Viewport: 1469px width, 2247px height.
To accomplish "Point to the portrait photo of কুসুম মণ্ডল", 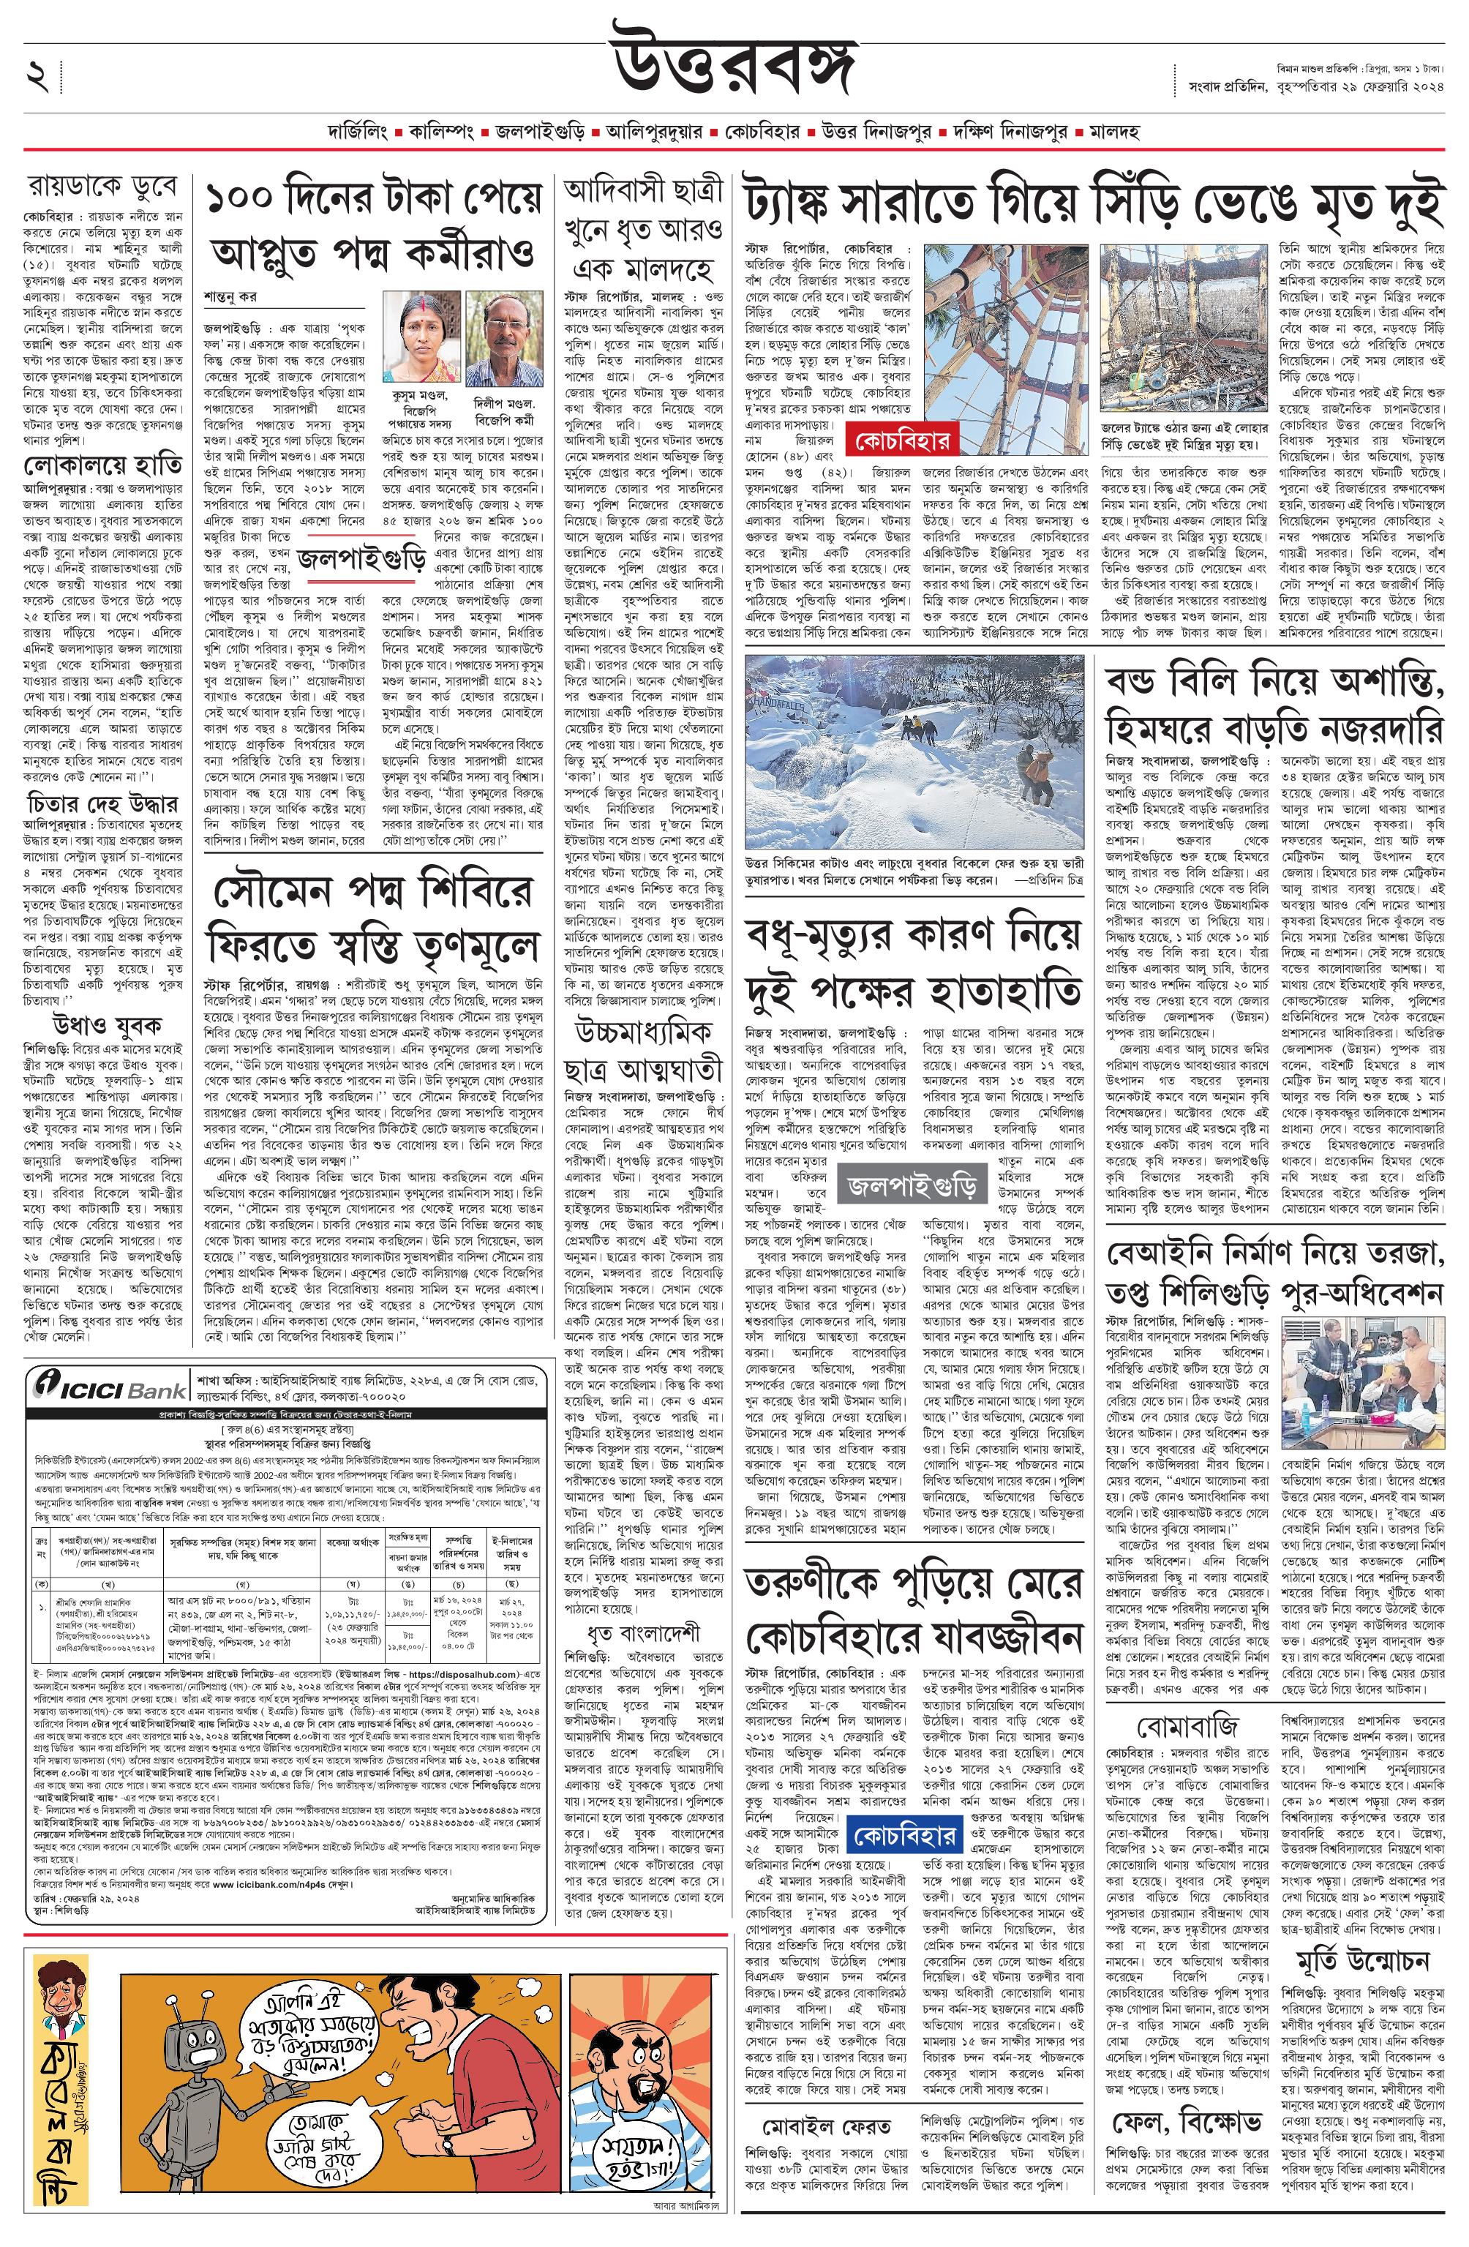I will point(419,334).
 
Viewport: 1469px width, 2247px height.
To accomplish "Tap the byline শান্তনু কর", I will point(230,297).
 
